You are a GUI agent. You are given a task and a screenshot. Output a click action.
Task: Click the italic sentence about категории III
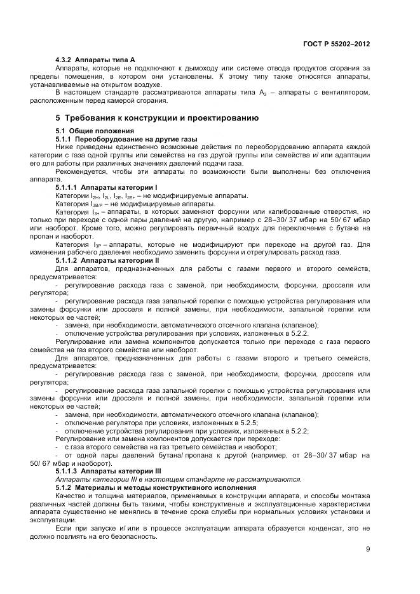(x=179, y=479)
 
